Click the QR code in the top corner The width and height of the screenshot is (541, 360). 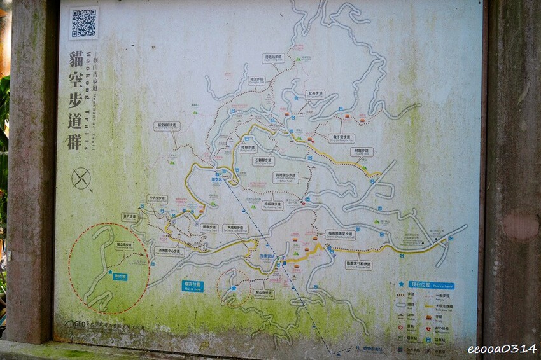tap(84, 23)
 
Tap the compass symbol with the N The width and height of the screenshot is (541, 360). tap(81, 178)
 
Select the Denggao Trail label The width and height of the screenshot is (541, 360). tap(314, 93)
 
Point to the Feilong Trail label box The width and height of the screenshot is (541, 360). tap(362, 152)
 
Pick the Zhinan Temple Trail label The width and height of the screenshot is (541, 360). tap(358, 264)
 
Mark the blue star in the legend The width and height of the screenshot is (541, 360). tap(402, 285)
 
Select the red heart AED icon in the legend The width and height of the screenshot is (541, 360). tap(429, 329)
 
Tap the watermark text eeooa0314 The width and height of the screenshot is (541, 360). tap(502, 349)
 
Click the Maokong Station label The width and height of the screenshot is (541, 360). tap(217, 179)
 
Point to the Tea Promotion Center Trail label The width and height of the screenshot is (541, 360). tap(169, 251)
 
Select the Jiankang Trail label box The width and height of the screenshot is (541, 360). tap(209, 227)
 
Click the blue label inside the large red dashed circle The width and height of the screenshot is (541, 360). tap(120, 277)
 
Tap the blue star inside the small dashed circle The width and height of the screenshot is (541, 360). tap(234, 288)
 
